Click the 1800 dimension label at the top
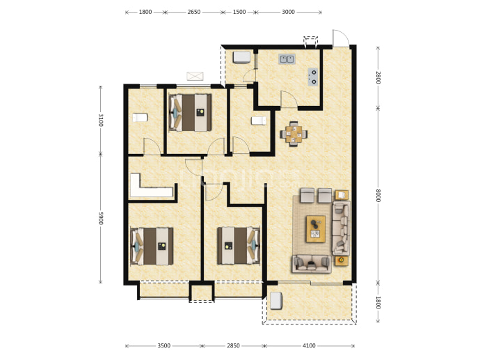tap(145, 12)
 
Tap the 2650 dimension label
tap(194, 12)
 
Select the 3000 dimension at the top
tap(288, 12)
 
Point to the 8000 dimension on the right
tap(378, 196)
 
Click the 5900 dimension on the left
tap(101, 218)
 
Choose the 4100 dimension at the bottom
tap(309, 345)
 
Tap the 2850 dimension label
tap(233, 345)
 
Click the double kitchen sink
tap(287, 58)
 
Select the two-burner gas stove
tap(313, 77)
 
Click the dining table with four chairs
tap(294, 134)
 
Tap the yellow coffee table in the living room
tap(316, 229)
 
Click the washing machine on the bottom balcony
tap(275, 301)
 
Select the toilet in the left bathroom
tap(140, 118)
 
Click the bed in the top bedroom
tap(190, 112)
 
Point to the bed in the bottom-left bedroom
tap(152, 246)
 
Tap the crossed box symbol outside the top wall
tap(195, 76)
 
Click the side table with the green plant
tap(342, 260)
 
